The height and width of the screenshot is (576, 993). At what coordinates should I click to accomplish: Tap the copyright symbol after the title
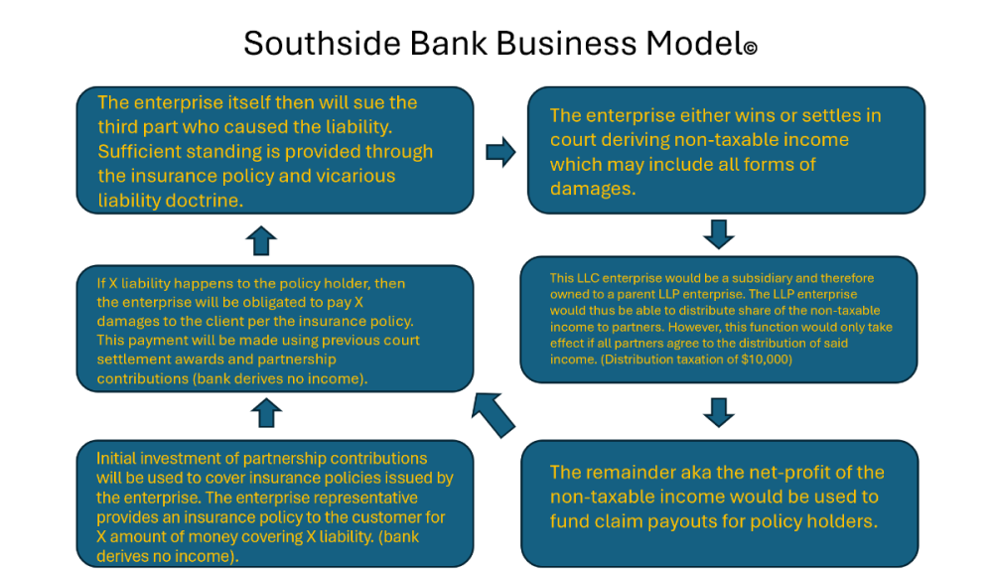pyautogui.click(x=750, y=48)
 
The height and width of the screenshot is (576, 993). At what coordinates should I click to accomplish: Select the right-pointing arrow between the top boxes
pyautogui.click(x=500, y=152)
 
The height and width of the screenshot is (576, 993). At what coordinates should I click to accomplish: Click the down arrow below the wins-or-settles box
pyautogui.click(x=719, y=234)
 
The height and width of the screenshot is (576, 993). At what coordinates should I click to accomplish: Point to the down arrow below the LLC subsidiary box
pyautogui.click(x=719, y=410)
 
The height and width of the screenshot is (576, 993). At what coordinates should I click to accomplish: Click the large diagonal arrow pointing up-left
pyautogui.click(x=494, y=413)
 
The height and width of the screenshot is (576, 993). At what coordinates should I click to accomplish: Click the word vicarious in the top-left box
pyautogui.click(x=353, y=176)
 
